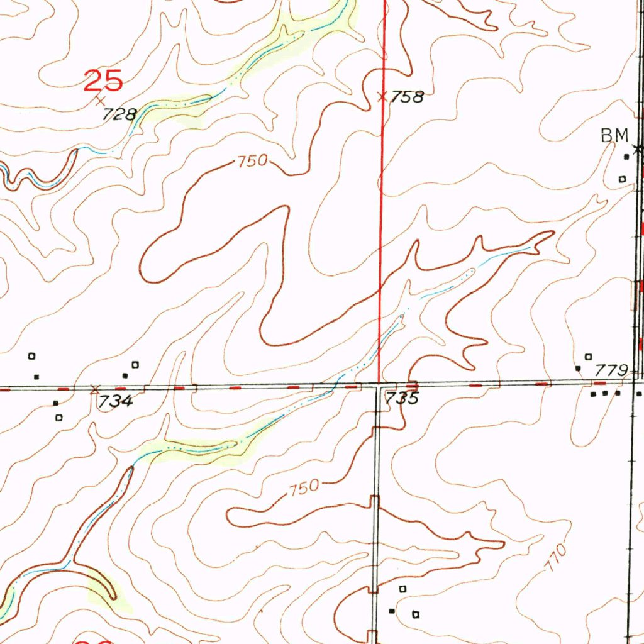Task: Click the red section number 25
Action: pos(103,81)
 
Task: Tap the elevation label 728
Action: pos(120,114)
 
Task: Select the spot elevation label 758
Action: pos(408,97)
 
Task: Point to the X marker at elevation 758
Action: pos(382,96)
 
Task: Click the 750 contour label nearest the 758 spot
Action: pos(253,162)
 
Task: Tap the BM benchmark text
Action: pos(614,135)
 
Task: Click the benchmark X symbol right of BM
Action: pos(638,149)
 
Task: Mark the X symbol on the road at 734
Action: pos(95,389)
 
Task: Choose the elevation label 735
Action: pos(401,399)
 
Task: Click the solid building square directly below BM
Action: pos(626,157)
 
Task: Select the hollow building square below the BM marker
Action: pos(623,179)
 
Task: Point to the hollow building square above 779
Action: pos(589,357)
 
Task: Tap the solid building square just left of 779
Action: pos(578,367)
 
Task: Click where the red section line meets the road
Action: pos(379,382)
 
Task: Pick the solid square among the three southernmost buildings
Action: pos(392,611)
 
